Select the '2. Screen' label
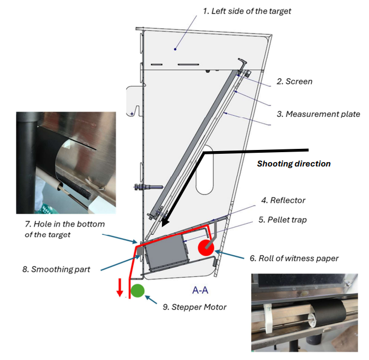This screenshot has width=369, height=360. click(x=294, y=82)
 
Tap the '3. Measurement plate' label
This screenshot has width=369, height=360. click(x=318, y=114)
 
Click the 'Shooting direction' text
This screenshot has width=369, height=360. click(x=294, y=164)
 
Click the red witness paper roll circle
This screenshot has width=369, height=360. click(x=207, y=247)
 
